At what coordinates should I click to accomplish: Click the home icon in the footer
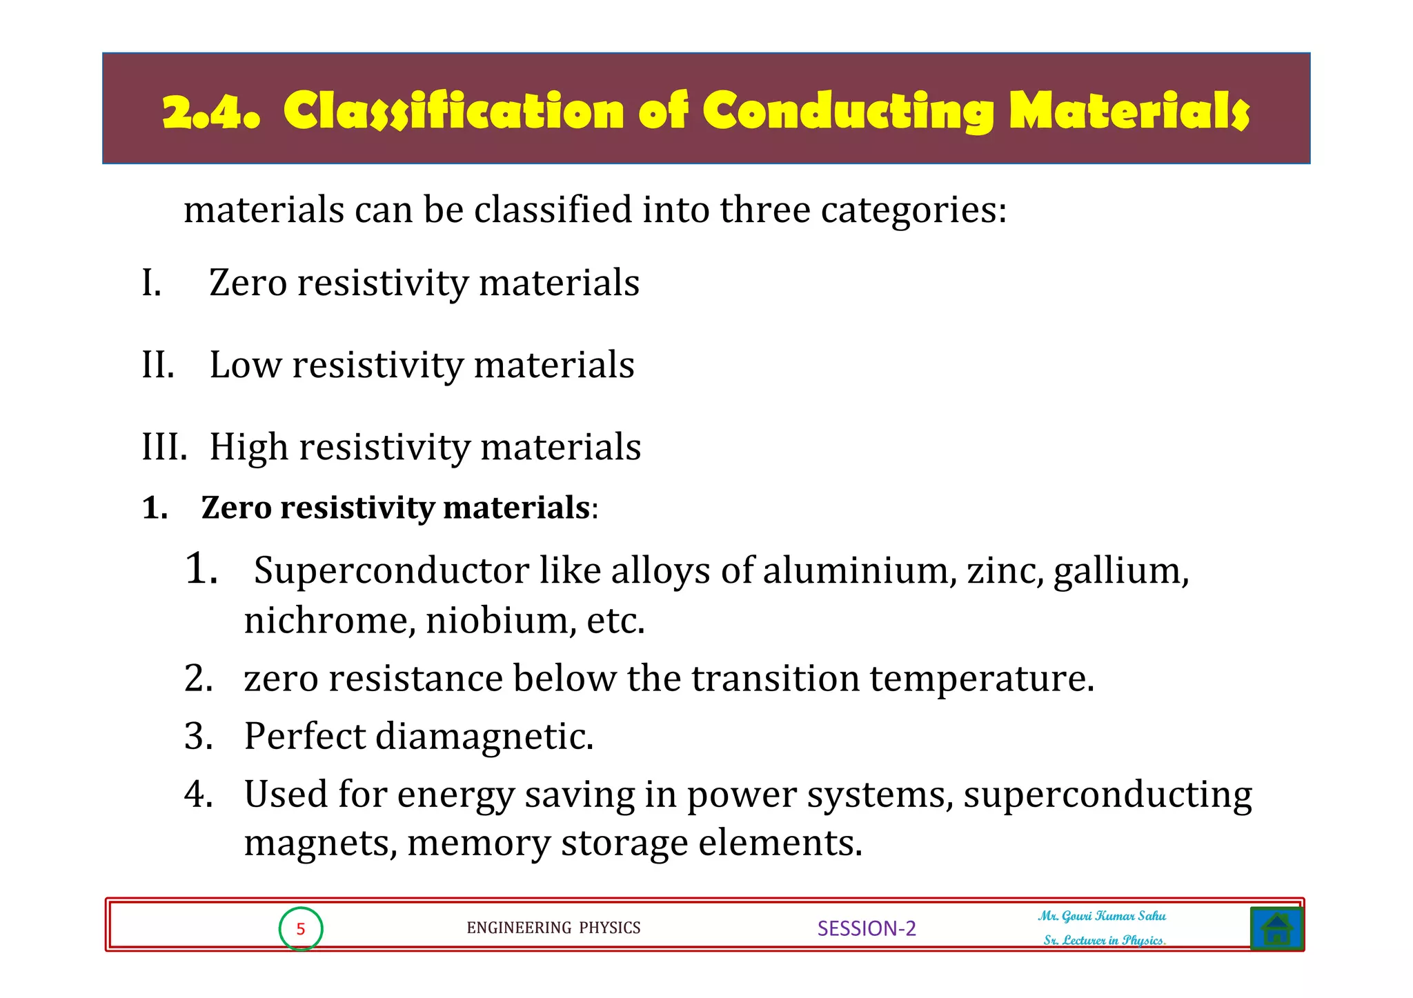1276,928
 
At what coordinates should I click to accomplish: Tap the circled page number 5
301,929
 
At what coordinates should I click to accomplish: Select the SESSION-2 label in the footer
867,928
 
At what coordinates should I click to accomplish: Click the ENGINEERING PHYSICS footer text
553,928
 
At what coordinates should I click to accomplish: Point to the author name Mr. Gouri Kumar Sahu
1102,916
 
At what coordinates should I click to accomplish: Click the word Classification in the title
453,111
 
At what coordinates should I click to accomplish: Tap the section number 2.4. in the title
211,112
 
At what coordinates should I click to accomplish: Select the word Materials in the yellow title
1129,111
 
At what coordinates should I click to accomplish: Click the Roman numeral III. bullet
164,447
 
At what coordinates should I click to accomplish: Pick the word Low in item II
245,365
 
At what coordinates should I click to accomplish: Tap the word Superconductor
391,571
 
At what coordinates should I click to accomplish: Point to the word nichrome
329,621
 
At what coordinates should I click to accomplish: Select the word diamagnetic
484,737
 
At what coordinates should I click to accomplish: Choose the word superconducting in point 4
1107,795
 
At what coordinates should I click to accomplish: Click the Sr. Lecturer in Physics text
1104,940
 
